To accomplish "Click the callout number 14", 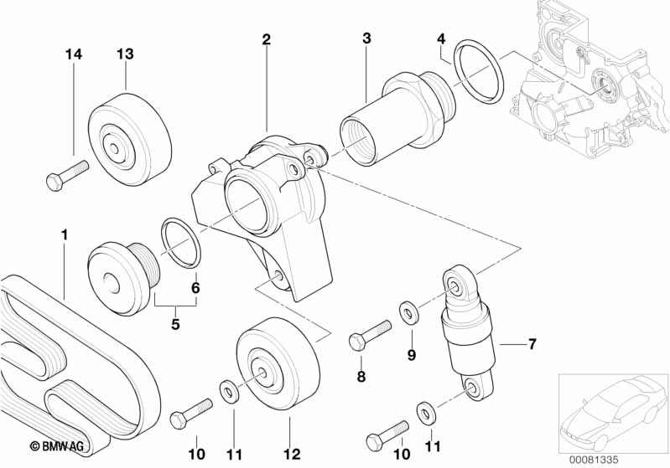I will click(x=75, y=54).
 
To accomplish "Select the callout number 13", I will click(x=125, y=54).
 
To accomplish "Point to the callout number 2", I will click(x=266, y=39).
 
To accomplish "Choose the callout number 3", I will click(x=366, y=39).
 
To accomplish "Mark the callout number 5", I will click(x=176, y=323).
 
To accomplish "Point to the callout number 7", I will click(x=532, y=343).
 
